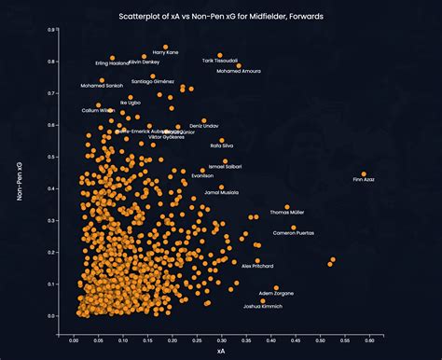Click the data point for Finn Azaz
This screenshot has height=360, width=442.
coord(365,174)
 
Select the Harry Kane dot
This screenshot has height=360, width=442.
coord(166,47)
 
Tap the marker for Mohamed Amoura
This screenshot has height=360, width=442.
coord(238,65)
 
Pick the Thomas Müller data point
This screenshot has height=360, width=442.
coord(287,207)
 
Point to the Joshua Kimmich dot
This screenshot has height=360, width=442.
coord(263,300)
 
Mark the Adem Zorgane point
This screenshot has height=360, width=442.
coord(276,288)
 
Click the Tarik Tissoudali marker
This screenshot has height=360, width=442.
coord(220,55)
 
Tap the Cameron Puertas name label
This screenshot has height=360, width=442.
coord(293,233)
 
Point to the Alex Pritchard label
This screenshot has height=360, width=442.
coord(258,267)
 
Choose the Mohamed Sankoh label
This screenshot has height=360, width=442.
coord(102,86)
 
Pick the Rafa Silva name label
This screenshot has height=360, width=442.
coord(223,145)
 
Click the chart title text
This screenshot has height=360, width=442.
coord(221,16)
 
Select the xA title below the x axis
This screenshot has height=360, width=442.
coord(219,351)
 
